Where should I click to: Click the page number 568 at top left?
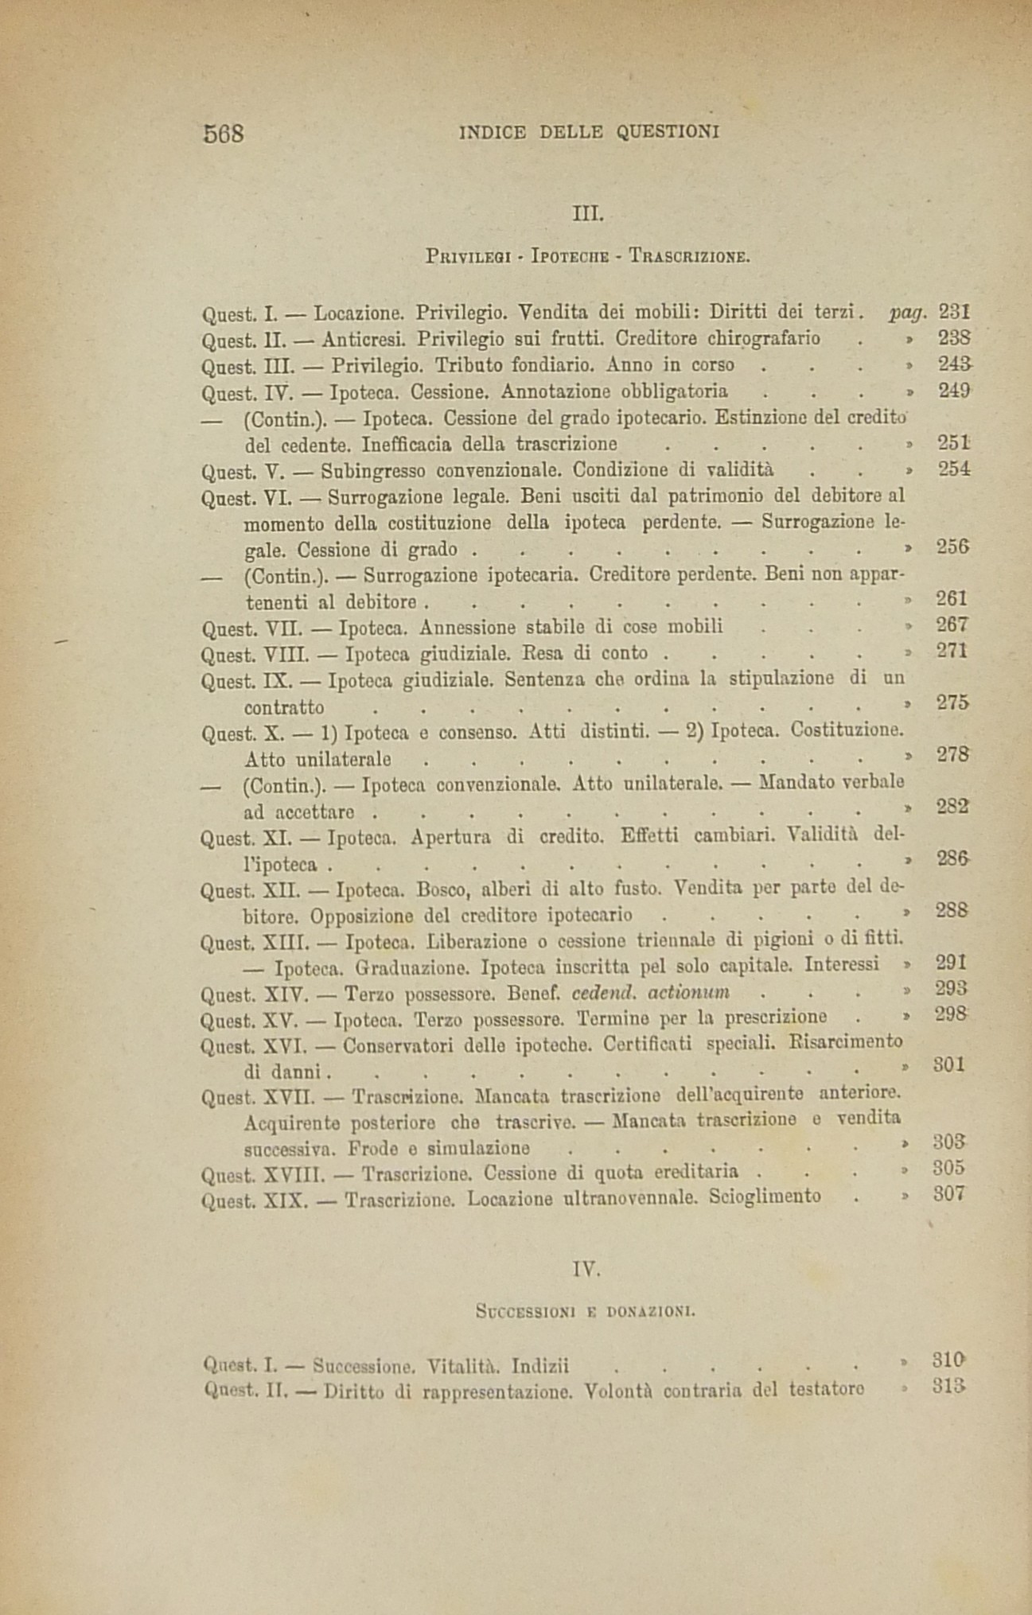(223, 133)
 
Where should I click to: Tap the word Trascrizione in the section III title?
(690, 256)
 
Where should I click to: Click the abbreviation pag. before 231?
(909, 311)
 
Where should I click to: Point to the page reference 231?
(952, 311)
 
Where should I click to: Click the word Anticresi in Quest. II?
(365, 339)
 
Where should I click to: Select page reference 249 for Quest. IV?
(952, 391)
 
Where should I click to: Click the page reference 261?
(952, 598)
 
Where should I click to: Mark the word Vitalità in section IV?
(463, 1367)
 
